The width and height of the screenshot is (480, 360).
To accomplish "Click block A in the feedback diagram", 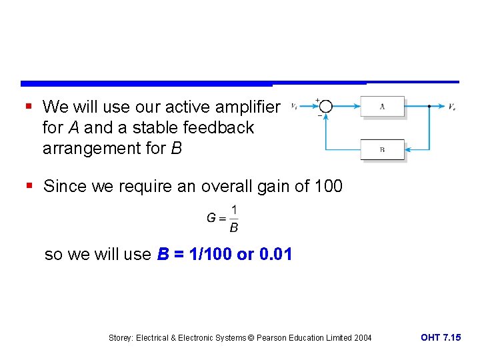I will click(x=382, y=106).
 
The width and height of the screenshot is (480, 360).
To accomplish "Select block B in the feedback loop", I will click(x=382, y=149).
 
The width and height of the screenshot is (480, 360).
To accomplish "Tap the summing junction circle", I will click(x=325, y=106).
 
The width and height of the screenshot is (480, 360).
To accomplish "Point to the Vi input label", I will click(x=295, y=106).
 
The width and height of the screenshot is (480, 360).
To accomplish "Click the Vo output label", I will click(x=452, y=107).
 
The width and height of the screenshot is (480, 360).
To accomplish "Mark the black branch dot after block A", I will click(x=428, y=106).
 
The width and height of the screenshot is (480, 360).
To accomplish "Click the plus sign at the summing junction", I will click(x=317, y=101).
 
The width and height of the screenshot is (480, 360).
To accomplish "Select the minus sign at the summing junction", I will click(x=319, y=115).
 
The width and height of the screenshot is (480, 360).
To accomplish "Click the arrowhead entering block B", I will click(x=408, y=149).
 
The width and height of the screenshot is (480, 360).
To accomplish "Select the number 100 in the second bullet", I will click(x=327, y=187).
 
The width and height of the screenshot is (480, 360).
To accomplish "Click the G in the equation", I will click(x=211, y=218).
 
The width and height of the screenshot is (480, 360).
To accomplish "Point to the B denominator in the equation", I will click(x=233, y=228).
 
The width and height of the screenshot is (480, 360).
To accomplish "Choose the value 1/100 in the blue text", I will click(x=206, y=255).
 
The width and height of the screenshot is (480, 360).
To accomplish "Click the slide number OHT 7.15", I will click(x=440, y=338).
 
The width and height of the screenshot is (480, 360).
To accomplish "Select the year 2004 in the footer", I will click(x=361, y=339).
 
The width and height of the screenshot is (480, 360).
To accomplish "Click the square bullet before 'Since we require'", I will click(x=27, y=187).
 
